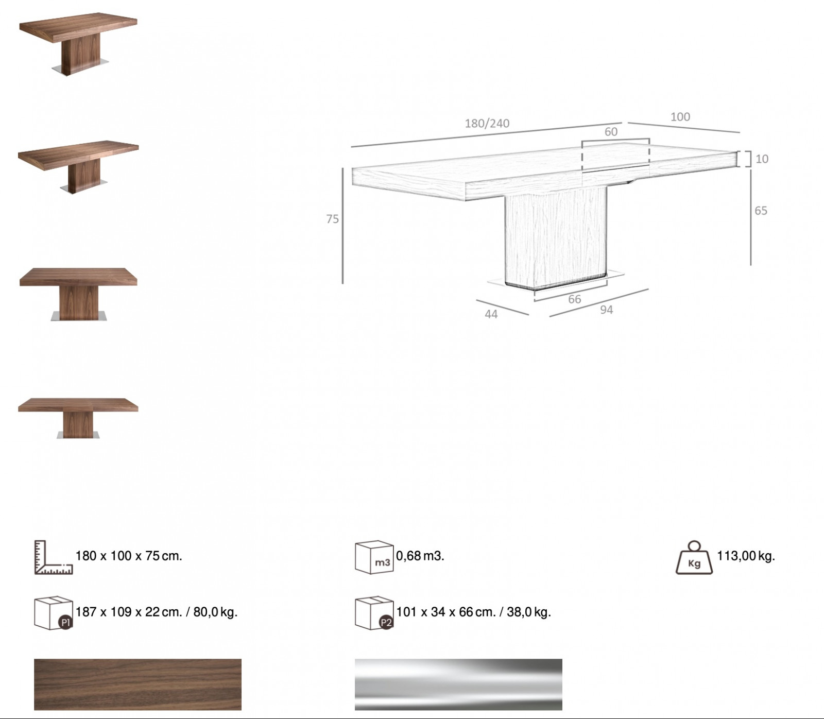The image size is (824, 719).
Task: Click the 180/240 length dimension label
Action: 487,124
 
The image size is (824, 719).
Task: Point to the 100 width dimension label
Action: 680,117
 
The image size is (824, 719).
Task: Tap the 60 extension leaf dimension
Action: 611,132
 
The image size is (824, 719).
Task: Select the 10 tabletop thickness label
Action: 762,159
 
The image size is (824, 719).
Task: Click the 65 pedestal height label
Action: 761,211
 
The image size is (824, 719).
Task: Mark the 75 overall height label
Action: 332,219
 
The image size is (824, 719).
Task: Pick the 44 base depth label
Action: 491,314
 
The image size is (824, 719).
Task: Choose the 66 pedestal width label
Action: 574,299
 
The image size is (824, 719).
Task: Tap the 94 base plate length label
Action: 606,310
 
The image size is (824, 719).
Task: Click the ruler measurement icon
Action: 53,557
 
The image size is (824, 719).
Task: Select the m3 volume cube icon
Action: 374,557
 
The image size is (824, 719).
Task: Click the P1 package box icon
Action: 53,613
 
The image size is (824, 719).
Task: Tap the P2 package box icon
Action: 374,613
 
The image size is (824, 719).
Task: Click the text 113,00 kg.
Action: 746,556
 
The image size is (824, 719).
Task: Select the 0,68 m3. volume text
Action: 420,556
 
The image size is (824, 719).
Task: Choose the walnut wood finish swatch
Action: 138,684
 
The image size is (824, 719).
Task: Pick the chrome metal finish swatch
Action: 458,684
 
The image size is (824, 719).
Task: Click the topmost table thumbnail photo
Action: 78,45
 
